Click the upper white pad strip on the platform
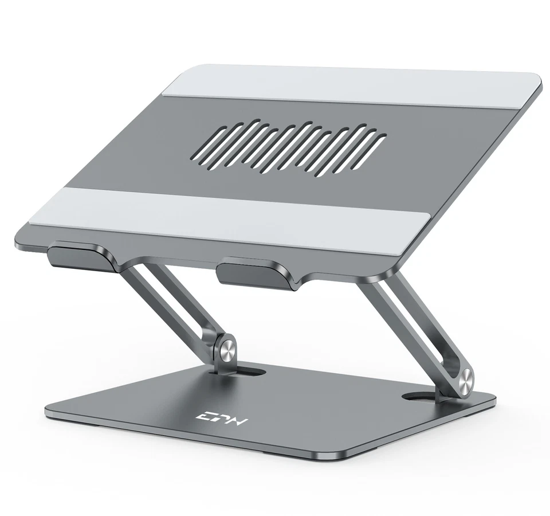(355, 88)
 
